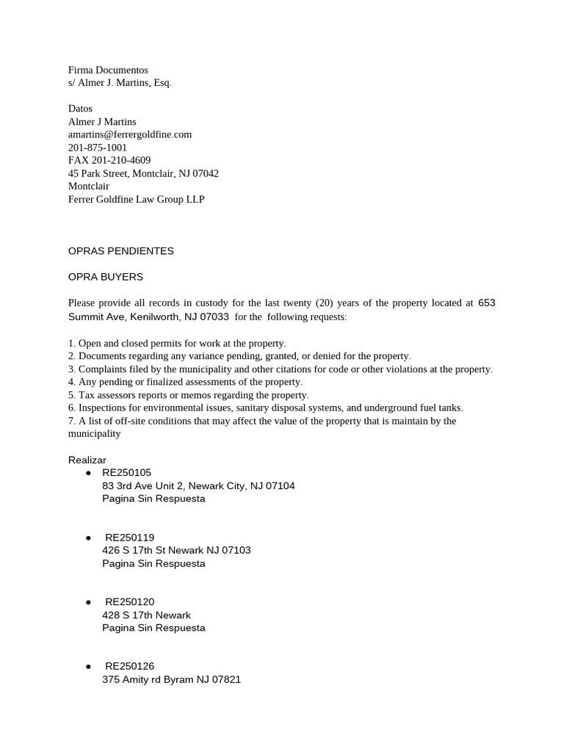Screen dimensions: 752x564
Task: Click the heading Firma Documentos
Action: (x=108, y=70)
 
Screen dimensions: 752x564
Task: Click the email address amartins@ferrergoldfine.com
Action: (x=130, y=134)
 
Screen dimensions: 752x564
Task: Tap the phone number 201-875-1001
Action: (x=98, y=148)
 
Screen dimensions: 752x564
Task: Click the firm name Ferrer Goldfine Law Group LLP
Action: (x=136, y=199)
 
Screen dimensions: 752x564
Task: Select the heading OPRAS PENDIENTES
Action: (x=121, y=251)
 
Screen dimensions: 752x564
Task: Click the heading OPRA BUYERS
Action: (x=106, y=277)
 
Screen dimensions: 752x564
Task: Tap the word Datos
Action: (x=80, y=109)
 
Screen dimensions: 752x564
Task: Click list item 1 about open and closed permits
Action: (x=177, y=343)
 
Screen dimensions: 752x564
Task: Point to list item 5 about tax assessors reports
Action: (x=189, y=395)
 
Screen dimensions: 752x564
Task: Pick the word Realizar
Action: (x=87, y=460)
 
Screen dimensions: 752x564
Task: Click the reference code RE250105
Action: (x=127, y=473)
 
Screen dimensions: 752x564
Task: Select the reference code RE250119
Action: (x=130, y=538)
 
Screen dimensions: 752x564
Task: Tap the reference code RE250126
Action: (x=130, y=666)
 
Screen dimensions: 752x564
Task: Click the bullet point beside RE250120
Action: (x=88, y=602)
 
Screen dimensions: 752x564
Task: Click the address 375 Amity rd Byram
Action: (x=171, y=679)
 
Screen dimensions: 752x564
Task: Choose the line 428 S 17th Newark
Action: (x=146, y=615)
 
